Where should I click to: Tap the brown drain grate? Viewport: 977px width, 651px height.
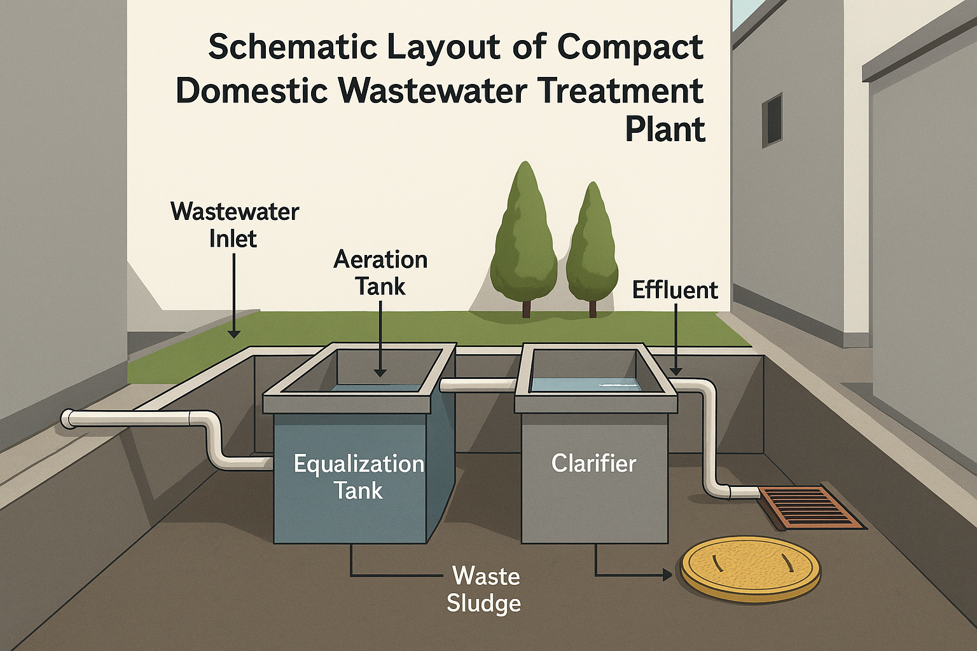point(811,507)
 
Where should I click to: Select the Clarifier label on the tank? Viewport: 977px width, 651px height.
point(593,463)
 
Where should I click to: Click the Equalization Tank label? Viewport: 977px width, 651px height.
point(359,477)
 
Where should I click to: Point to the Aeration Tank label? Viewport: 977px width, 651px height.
point(380,273)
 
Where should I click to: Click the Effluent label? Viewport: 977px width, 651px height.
point(675,290)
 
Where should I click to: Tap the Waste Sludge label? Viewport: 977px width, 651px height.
point(484,589)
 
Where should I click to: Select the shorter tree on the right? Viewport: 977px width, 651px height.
point(592,248)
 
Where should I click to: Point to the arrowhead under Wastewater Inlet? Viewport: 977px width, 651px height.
point(234,333)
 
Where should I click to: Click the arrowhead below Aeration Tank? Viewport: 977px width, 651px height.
point(380,373)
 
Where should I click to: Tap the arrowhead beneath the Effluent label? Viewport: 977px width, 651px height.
point(676,371)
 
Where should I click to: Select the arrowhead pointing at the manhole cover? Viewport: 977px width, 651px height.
point(667,575)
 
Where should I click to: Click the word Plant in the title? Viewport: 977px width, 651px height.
point(665,130)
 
